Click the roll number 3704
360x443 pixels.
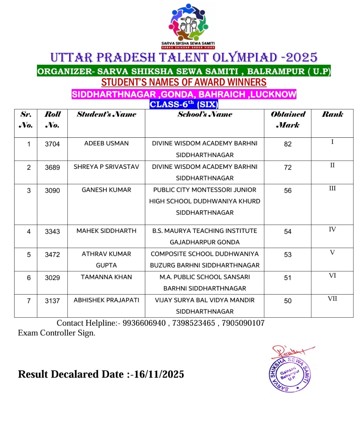(52, 144)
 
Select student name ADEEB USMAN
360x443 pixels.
(106, 143)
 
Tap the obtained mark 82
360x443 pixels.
(288, 144)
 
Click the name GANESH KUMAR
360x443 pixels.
(106, 190)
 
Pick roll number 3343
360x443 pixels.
(52, 231)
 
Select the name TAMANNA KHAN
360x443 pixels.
(106, 277)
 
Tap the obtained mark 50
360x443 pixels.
(288, 301)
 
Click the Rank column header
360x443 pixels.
(332, 114)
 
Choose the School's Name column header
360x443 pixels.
(205, 114)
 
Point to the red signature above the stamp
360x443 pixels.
(290, 352)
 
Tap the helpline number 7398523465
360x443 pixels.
(194, 323)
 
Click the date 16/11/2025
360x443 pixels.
(159, 374)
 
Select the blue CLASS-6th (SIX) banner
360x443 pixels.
(184, 104)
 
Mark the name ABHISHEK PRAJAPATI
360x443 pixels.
(106, 300)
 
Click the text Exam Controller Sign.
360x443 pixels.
(56, 333)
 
